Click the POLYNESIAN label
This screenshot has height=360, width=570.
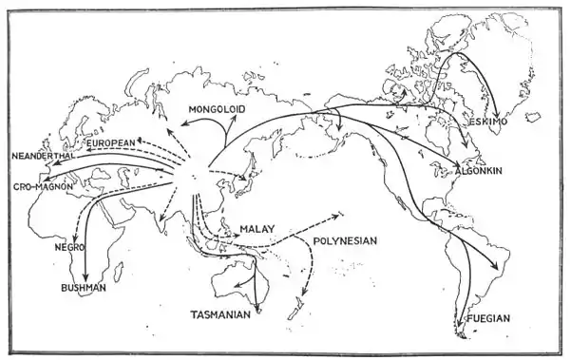tap(345, 241)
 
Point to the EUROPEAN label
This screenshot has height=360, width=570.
tap(114, 142)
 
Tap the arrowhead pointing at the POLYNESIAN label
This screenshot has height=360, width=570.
tap(340, 216)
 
